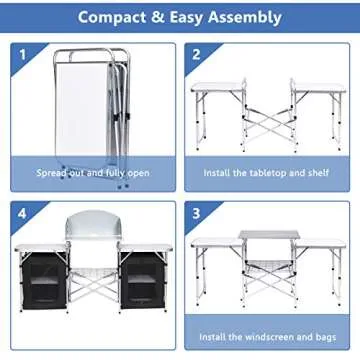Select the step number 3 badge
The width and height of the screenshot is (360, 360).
click(197, 214)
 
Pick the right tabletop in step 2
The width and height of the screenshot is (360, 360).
click(317, 87)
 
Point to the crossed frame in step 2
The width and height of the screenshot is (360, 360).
click(268, 125)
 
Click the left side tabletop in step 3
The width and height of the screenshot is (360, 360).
click(215, 242)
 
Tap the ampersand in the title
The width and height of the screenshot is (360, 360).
click(167, 17)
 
